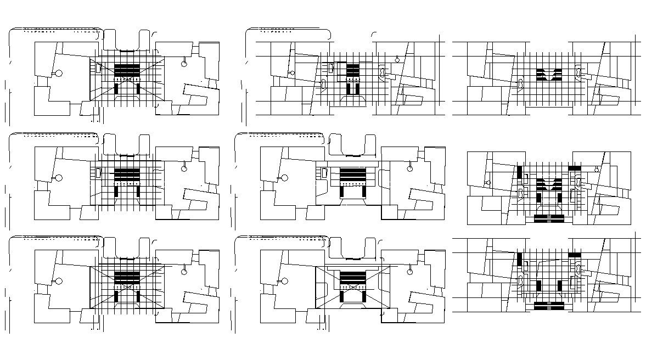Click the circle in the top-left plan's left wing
[x=59, y=72]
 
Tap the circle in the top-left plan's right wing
[x=184, y=64]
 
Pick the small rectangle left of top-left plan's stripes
[x=99, y=68]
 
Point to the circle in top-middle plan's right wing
[x=397, y=59]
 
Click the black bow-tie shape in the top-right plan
[x=549, y=75]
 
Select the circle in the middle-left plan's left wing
[x=59, y=178]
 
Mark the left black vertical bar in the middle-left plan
[x=116, y=192]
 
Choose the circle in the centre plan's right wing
[x=409, y=168]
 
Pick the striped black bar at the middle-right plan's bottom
[x=549, y=218]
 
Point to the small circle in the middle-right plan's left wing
[x=488, y=183]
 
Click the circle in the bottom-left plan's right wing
[x=184, y=272]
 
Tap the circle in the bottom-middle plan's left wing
[x=284, y=281]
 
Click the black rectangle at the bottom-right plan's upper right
[x=575, y=255]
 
